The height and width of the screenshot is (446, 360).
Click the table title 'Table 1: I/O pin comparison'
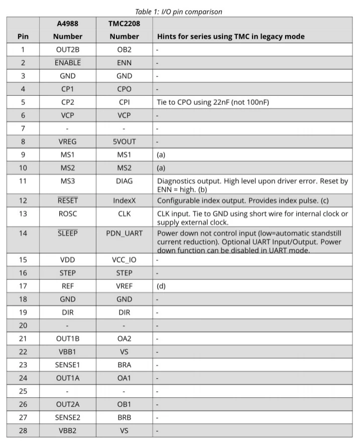[179, 12]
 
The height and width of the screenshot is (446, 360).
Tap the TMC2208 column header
[124, 30]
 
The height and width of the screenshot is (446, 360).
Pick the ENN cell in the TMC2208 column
[124, 63]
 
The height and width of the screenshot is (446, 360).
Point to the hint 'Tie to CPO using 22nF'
[206, 102]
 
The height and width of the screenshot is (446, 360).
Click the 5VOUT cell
[124, 141]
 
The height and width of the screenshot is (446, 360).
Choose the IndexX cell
[124, 201]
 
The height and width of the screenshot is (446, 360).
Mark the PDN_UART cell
[124, 233]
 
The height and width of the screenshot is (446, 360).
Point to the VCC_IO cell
[124, 260]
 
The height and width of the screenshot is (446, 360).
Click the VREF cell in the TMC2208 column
[124, 286]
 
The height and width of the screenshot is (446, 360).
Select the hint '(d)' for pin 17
[162, 286]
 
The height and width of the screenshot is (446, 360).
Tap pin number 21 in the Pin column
[23, 339]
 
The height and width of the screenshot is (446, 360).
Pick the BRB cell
[124, 417]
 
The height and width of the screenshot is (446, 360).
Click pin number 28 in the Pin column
[23, 430]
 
